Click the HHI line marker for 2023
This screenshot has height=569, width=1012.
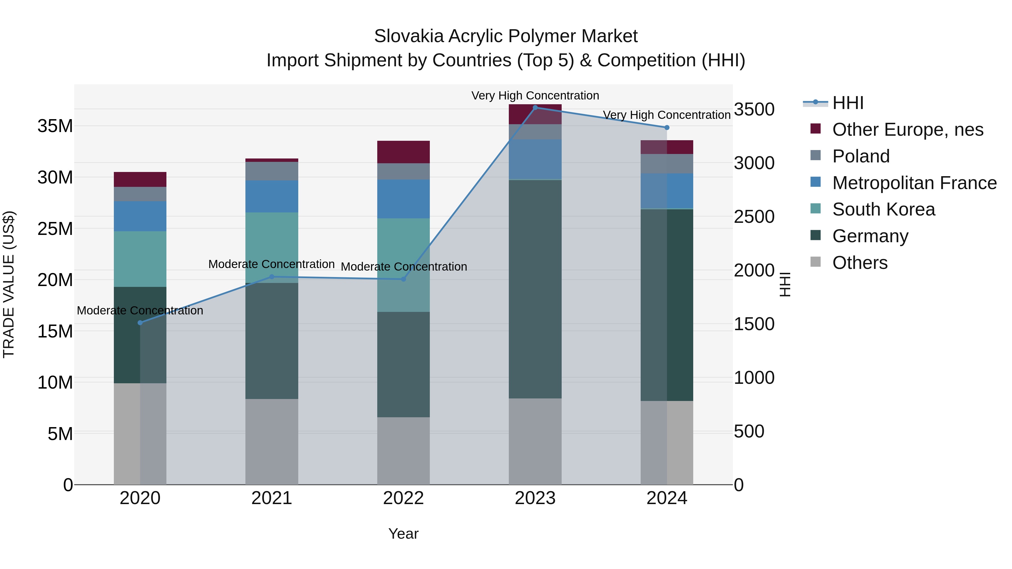point(535,108)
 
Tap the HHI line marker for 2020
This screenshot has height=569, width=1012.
point(140,323)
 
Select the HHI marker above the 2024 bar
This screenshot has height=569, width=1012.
point(667,128)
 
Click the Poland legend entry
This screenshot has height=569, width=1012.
point(861,156)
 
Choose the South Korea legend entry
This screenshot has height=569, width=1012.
point(884,209)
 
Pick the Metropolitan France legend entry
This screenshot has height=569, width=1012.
point(914,183)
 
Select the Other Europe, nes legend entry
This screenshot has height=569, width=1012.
point(907,130)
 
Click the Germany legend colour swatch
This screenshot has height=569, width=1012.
point(816,236)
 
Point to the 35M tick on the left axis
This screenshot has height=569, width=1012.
point(55,126)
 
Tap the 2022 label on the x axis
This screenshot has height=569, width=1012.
point(403,499)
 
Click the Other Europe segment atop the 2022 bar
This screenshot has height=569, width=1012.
point(403,152)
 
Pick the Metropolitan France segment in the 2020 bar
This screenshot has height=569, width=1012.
point(140,216)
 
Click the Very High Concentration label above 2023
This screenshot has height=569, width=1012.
point(535,96)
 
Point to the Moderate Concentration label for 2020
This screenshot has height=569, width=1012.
point(140,310)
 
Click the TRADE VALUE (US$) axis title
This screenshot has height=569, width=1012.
point(9,284)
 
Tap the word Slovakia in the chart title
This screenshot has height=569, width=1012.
point(408,37)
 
